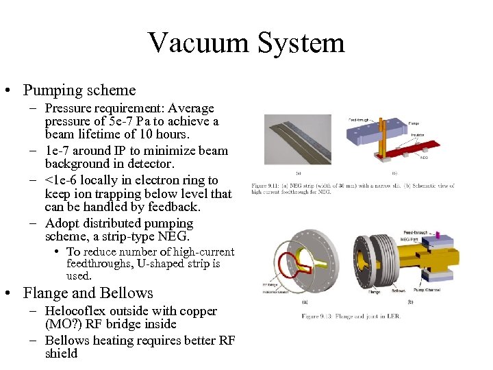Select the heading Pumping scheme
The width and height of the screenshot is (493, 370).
[x=79, y=90]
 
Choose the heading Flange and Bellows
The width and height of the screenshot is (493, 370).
[x=88, y=293]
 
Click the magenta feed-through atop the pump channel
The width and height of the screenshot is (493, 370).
[x=438, y=236]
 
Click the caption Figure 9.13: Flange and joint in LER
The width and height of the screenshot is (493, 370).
[x=350, y=316]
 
